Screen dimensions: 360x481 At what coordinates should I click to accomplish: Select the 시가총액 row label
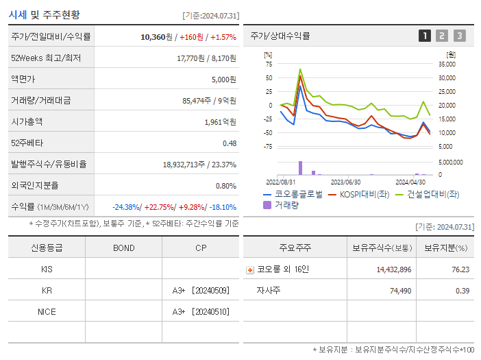(x=27, y=121)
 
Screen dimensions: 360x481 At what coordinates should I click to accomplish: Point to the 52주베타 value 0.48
(x=229, y=143)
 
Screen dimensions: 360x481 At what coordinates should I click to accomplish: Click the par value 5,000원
(x=223, y=79)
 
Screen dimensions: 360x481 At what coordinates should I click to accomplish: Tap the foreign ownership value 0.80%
(x=225, y=185)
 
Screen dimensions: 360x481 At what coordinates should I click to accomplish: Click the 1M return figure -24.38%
(x=126, y=207)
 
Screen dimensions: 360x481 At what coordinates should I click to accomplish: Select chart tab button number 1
(x=425, y=36)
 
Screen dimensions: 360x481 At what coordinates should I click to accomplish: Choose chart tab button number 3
(x=459, y=36)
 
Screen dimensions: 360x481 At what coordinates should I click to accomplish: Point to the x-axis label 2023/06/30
(x=345, y=182)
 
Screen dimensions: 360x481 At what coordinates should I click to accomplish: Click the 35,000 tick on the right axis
(x=445, y=64)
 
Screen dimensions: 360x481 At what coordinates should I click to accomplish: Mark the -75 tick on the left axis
(x=268, y=146)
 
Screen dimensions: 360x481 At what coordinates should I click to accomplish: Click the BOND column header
(x=123, y=248)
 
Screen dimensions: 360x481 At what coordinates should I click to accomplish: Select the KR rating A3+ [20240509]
(x=200, y=291)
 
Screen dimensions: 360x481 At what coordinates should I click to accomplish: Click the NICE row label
(x=47, y=312)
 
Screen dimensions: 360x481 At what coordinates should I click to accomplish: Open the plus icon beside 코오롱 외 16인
(x=250, y=269)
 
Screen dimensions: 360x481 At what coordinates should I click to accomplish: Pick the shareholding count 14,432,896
(x=393, y=269)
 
